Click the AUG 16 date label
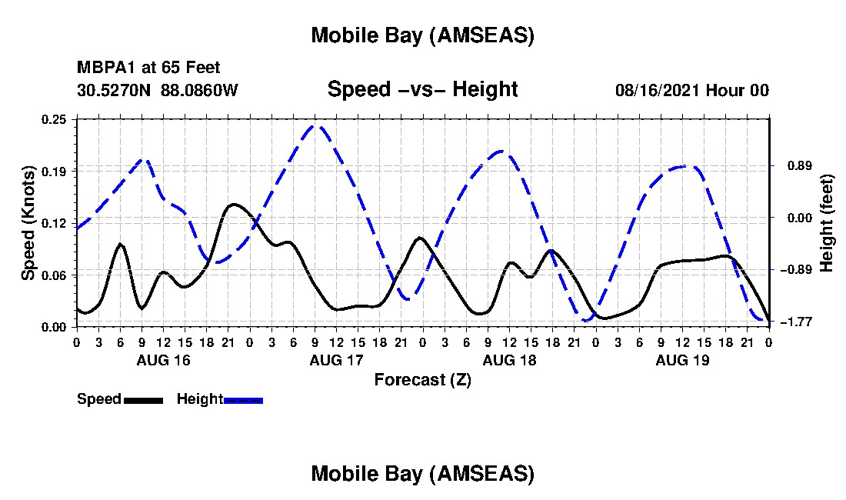tap(163, 360)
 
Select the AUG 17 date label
tap(336, 360)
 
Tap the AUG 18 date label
tap(509, 360)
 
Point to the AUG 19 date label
tap(682, 360)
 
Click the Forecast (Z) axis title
tap(422, 379)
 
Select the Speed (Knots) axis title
tap(28, 223)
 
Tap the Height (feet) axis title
tap(828, 223)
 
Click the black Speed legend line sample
tap(143, 400)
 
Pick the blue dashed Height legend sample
tap(244, 400)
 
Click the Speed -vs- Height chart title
tap(422, 89)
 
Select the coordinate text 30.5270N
tap(115, 90)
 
